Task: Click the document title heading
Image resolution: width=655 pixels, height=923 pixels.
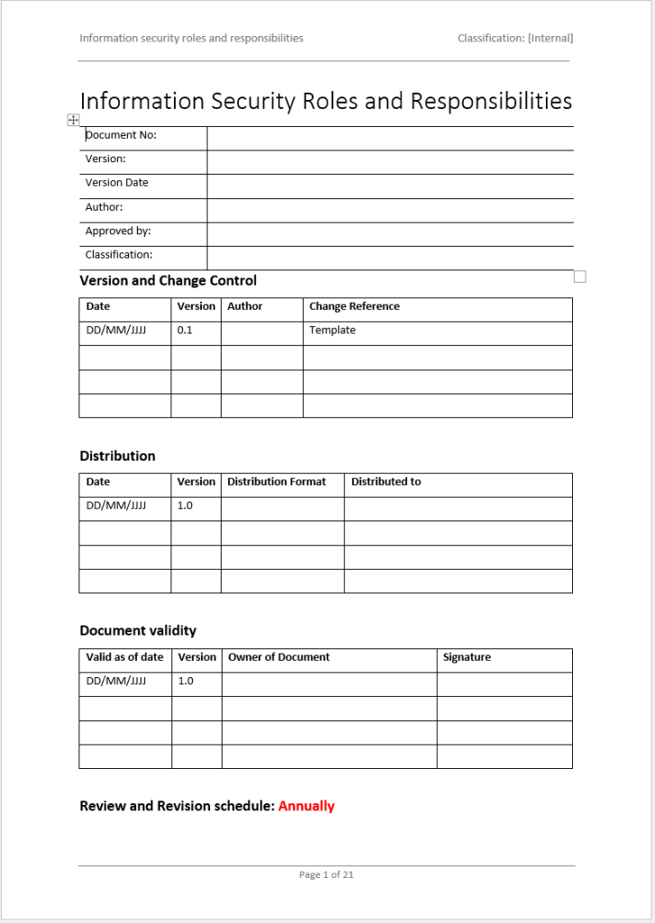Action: coord(326,101)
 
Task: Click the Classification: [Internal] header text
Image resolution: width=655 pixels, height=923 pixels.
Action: coord(515,38)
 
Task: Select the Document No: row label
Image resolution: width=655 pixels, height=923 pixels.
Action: coord(121,135)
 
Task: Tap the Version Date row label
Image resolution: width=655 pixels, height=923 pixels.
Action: coord(116,183)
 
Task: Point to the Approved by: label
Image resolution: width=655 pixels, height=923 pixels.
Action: coord(118,231)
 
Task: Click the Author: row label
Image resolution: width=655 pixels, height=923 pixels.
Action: coord(104,207)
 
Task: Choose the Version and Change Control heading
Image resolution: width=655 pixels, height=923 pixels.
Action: coord(168,280)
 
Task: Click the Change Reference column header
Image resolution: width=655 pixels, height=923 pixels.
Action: coord(354,306)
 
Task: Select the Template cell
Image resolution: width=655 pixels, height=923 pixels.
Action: coord(332,330)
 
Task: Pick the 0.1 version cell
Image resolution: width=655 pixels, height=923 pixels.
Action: coord(185,330)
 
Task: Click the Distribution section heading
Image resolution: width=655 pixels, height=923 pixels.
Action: coord(117,456)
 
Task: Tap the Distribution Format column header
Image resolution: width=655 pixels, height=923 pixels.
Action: coord(276,481)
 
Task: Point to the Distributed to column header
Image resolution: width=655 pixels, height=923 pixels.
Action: coord(386,481)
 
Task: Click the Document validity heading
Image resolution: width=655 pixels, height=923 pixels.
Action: coord(137,631)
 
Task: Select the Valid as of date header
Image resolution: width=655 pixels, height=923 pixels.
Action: coord(125,657)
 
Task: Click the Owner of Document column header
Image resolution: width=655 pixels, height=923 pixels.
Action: coord(279,657)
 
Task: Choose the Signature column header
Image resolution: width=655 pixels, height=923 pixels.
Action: coord(466,657)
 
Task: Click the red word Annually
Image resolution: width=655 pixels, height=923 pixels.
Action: coord(306,806)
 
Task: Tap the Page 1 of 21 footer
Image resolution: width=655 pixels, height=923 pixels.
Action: coord(327,874)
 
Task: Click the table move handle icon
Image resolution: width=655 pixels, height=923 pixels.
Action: coord(73,120)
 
